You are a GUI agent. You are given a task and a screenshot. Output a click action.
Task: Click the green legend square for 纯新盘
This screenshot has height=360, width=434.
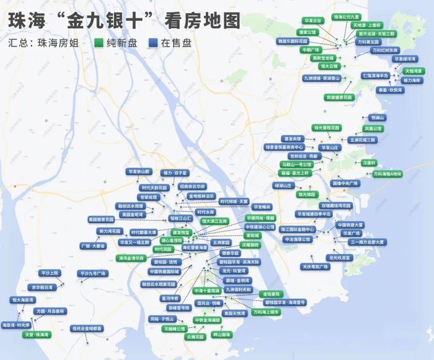[x=99, y=43]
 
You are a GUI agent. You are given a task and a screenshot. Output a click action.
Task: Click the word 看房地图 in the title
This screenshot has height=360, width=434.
[x=203, y=21]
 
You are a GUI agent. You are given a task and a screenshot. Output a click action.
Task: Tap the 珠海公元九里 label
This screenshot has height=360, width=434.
[x=347, y=17]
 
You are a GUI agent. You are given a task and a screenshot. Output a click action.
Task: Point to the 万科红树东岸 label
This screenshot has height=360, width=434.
[x=385, y=50]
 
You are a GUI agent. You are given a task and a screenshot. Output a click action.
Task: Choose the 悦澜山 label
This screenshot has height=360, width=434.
[x=378, y=118]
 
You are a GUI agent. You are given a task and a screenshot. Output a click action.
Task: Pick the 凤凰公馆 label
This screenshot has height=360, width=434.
[x=373, y=129]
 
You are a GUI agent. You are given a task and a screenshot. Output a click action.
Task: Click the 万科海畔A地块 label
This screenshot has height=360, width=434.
[x=387, y=174]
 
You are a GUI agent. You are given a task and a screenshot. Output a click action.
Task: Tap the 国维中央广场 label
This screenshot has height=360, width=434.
[x=345, y=183]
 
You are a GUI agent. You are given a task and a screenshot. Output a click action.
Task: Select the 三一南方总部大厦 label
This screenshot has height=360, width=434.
[x=368, y=242]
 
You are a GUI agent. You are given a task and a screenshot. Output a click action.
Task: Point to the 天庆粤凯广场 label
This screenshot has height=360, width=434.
[x=315, y=267]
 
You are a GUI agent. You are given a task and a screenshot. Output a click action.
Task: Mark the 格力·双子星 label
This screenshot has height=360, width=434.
[x=174, y=173]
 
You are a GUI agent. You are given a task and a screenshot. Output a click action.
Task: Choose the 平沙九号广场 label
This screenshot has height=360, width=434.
[x=93, y=274]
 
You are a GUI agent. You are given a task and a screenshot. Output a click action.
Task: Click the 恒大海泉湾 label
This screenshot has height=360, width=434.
[x=23, y=300]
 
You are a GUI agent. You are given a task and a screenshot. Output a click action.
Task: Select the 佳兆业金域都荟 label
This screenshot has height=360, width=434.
[x=87, y=329]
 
